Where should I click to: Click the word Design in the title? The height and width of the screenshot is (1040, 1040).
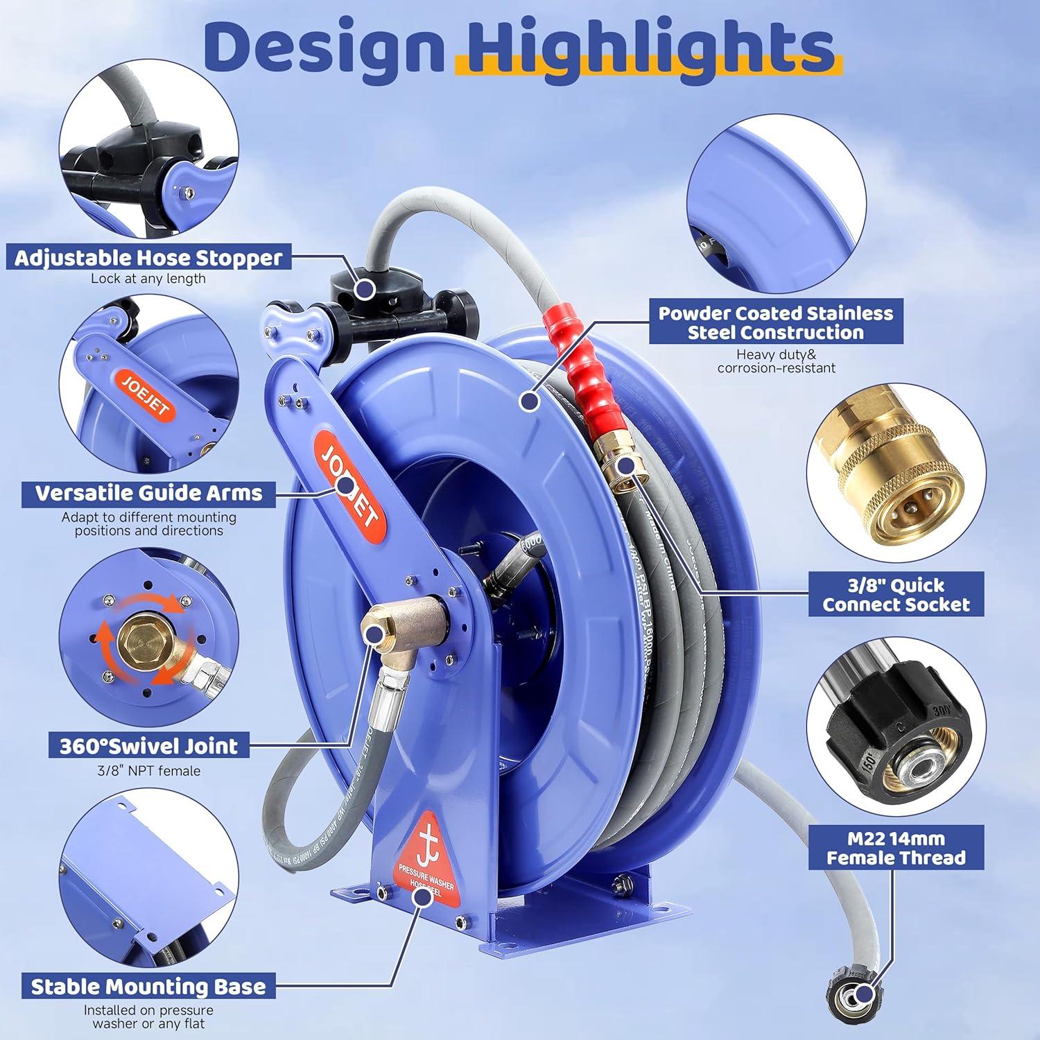(324, 47)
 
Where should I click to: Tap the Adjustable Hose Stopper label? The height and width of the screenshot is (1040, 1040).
(148, 258)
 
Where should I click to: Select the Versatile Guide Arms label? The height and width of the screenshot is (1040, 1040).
(148, 493)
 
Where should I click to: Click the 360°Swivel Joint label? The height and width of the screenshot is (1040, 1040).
(148, 746)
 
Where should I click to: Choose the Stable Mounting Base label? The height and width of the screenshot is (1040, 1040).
(148, 987)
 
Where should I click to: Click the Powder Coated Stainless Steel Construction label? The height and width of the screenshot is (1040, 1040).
(776, 322)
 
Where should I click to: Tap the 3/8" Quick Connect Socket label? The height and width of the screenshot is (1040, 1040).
(896, 594)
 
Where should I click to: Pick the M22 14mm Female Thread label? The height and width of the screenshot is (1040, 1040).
(896, 847)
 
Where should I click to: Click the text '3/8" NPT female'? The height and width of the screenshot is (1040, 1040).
(148, 770)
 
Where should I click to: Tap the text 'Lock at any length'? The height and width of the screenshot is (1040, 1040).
(148, 279)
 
